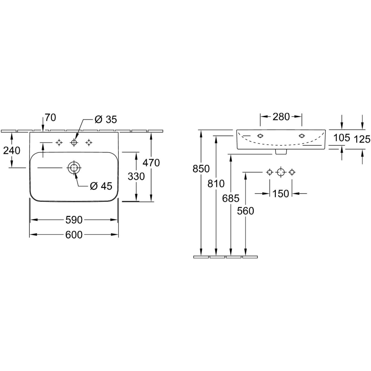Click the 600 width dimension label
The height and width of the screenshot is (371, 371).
coord(74,235)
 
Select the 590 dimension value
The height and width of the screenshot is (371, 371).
coord(74,220)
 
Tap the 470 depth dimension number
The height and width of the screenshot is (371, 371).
coord(151,163)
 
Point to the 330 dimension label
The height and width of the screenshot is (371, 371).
coord(136,177)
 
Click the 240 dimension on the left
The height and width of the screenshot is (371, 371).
coord(12,151)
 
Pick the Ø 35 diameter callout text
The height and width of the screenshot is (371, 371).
coord(106,120)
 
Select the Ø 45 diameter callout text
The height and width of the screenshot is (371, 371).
coord(101,186)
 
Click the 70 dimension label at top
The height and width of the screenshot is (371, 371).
coord(50,117)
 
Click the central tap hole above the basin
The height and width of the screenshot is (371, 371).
coord(74,143)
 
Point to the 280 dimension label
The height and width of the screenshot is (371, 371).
coord(281,117)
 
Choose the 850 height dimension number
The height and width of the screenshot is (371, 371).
coord(201,169)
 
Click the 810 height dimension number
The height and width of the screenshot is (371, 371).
coord(216,184)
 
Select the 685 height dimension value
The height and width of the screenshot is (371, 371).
coord(231,198)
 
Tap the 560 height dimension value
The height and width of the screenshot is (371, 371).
coord(245,211)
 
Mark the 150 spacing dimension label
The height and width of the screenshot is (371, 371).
coord(281,194)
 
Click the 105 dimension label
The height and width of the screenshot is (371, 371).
coord(342,138)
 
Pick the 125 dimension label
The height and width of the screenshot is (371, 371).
coord(362,139)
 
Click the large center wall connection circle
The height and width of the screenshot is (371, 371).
coord(281,172)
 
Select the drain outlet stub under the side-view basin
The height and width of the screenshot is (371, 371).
coord(281,152)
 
